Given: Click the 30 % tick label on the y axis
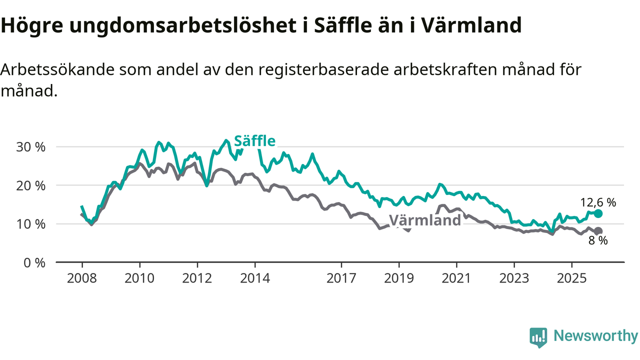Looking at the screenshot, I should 31,147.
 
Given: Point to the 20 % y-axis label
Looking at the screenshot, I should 31,185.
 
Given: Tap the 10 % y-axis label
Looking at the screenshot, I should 31,224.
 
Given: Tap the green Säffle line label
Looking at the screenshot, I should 254,141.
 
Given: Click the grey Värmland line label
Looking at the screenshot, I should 424,220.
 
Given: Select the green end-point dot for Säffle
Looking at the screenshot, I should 598,213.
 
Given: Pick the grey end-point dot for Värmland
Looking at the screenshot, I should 598,231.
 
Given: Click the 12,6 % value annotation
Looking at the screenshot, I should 598,202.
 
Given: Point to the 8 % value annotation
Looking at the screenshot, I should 598,241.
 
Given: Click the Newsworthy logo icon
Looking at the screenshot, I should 538,337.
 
